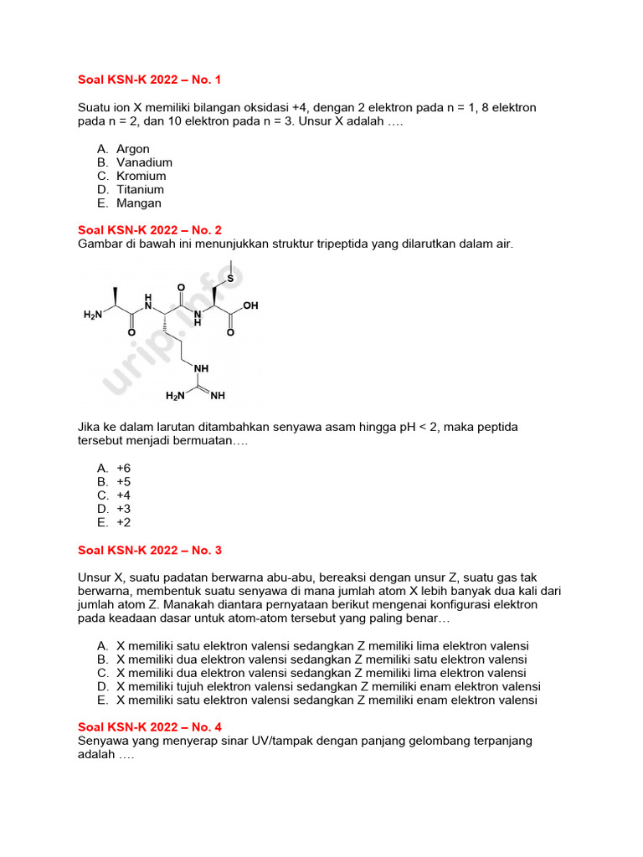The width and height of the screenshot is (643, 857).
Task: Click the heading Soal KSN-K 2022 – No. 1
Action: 149,80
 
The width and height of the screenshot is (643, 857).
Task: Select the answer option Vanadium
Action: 144,162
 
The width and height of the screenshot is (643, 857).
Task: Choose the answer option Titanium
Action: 140,189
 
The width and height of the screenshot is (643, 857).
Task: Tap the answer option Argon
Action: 133,149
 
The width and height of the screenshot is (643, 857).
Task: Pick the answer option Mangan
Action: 139,203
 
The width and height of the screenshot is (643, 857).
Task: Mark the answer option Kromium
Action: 141,176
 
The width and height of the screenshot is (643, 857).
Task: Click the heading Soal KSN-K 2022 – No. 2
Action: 149,230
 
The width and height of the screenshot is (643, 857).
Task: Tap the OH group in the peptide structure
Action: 250,306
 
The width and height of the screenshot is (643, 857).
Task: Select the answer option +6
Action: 124,469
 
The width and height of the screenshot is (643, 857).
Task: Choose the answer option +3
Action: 124,509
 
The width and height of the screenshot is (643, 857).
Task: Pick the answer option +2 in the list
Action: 124,522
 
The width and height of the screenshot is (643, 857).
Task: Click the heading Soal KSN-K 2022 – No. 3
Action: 149,550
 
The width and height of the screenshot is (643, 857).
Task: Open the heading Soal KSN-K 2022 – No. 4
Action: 149,727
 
